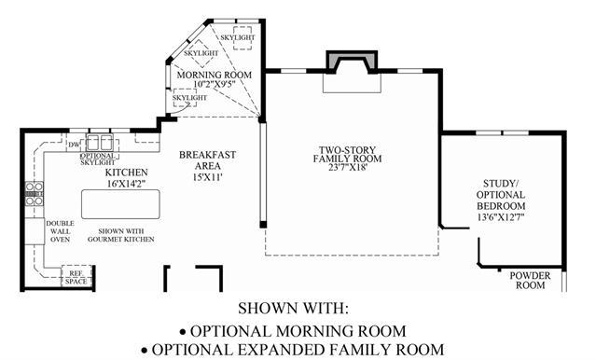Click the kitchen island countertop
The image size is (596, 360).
[x=120, y=204]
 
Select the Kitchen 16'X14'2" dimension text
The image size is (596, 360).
[x=127, y=184]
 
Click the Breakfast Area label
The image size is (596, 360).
[x=208, y=160]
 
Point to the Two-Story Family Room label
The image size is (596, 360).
[x=347, y=154]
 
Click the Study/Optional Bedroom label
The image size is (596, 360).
[x=501, y=195]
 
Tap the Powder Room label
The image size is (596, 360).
[x=530, y=280]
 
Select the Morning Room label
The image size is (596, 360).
[x=214, y=75]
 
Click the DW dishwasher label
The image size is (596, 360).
[x=74, y=145]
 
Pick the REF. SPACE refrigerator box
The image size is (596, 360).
[x=76, y=276]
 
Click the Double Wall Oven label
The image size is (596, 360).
[x=60, y=231]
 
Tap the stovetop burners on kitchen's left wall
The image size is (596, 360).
[x=35, y=194]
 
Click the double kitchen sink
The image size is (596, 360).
[x=100, y=142]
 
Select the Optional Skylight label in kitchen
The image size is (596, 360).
[x=98, y=159]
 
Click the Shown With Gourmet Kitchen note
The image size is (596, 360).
[x=121, y=235]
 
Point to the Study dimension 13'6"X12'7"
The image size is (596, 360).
[x=501, y=217]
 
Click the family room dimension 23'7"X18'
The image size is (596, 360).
[x=348, y=167]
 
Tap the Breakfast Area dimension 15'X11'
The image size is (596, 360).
[x=207, y=176]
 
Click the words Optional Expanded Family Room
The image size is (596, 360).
[x=298, y=350]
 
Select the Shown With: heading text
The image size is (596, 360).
[x=293, y=308]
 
